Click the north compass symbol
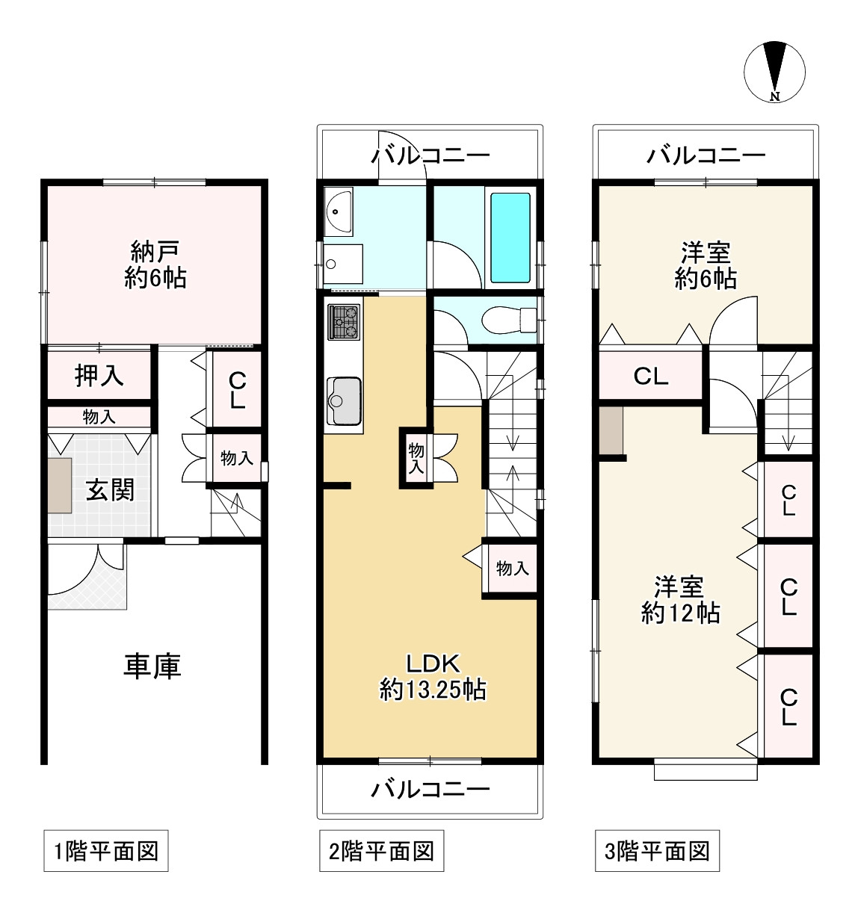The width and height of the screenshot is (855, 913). pos(774,72)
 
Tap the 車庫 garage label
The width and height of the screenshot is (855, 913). pos(152,666)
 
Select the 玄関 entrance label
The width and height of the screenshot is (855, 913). pos(110,489)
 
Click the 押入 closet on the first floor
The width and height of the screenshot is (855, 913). pos(99,375)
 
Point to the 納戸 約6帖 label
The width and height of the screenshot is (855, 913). pos(155,264)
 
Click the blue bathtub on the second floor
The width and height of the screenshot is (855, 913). pos(510,238)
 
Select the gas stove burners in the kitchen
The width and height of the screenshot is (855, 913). pos(344,322)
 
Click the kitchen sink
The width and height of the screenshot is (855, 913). pos(344,401)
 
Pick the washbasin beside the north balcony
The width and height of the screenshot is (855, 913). pos(338,211)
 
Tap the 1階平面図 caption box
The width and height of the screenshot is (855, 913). pos(106,851)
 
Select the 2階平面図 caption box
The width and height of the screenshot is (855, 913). pos(381,851)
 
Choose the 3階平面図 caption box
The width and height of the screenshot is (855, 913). pos(657,851)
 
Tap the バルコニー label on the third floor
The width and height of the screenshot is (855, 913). pos(706,156)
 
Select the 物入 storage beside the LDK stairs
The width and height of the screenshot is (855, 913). pos(513,569)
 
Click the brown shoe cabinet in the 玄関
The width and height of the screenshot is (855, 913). pos(60,485)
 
